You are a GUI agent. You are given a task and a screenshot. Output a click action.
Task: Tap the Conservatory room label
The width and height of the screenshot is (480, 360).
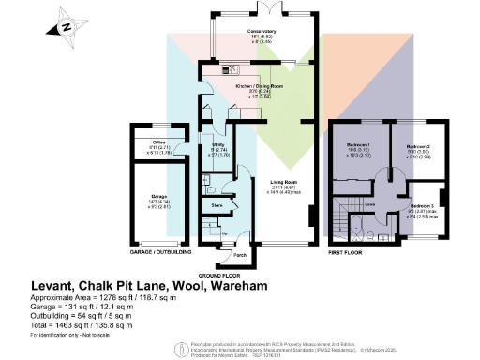pos(261,31)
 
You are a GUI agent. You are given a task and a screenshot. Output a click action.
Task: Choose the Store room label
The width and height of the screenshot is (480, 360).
pos(216,203)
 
